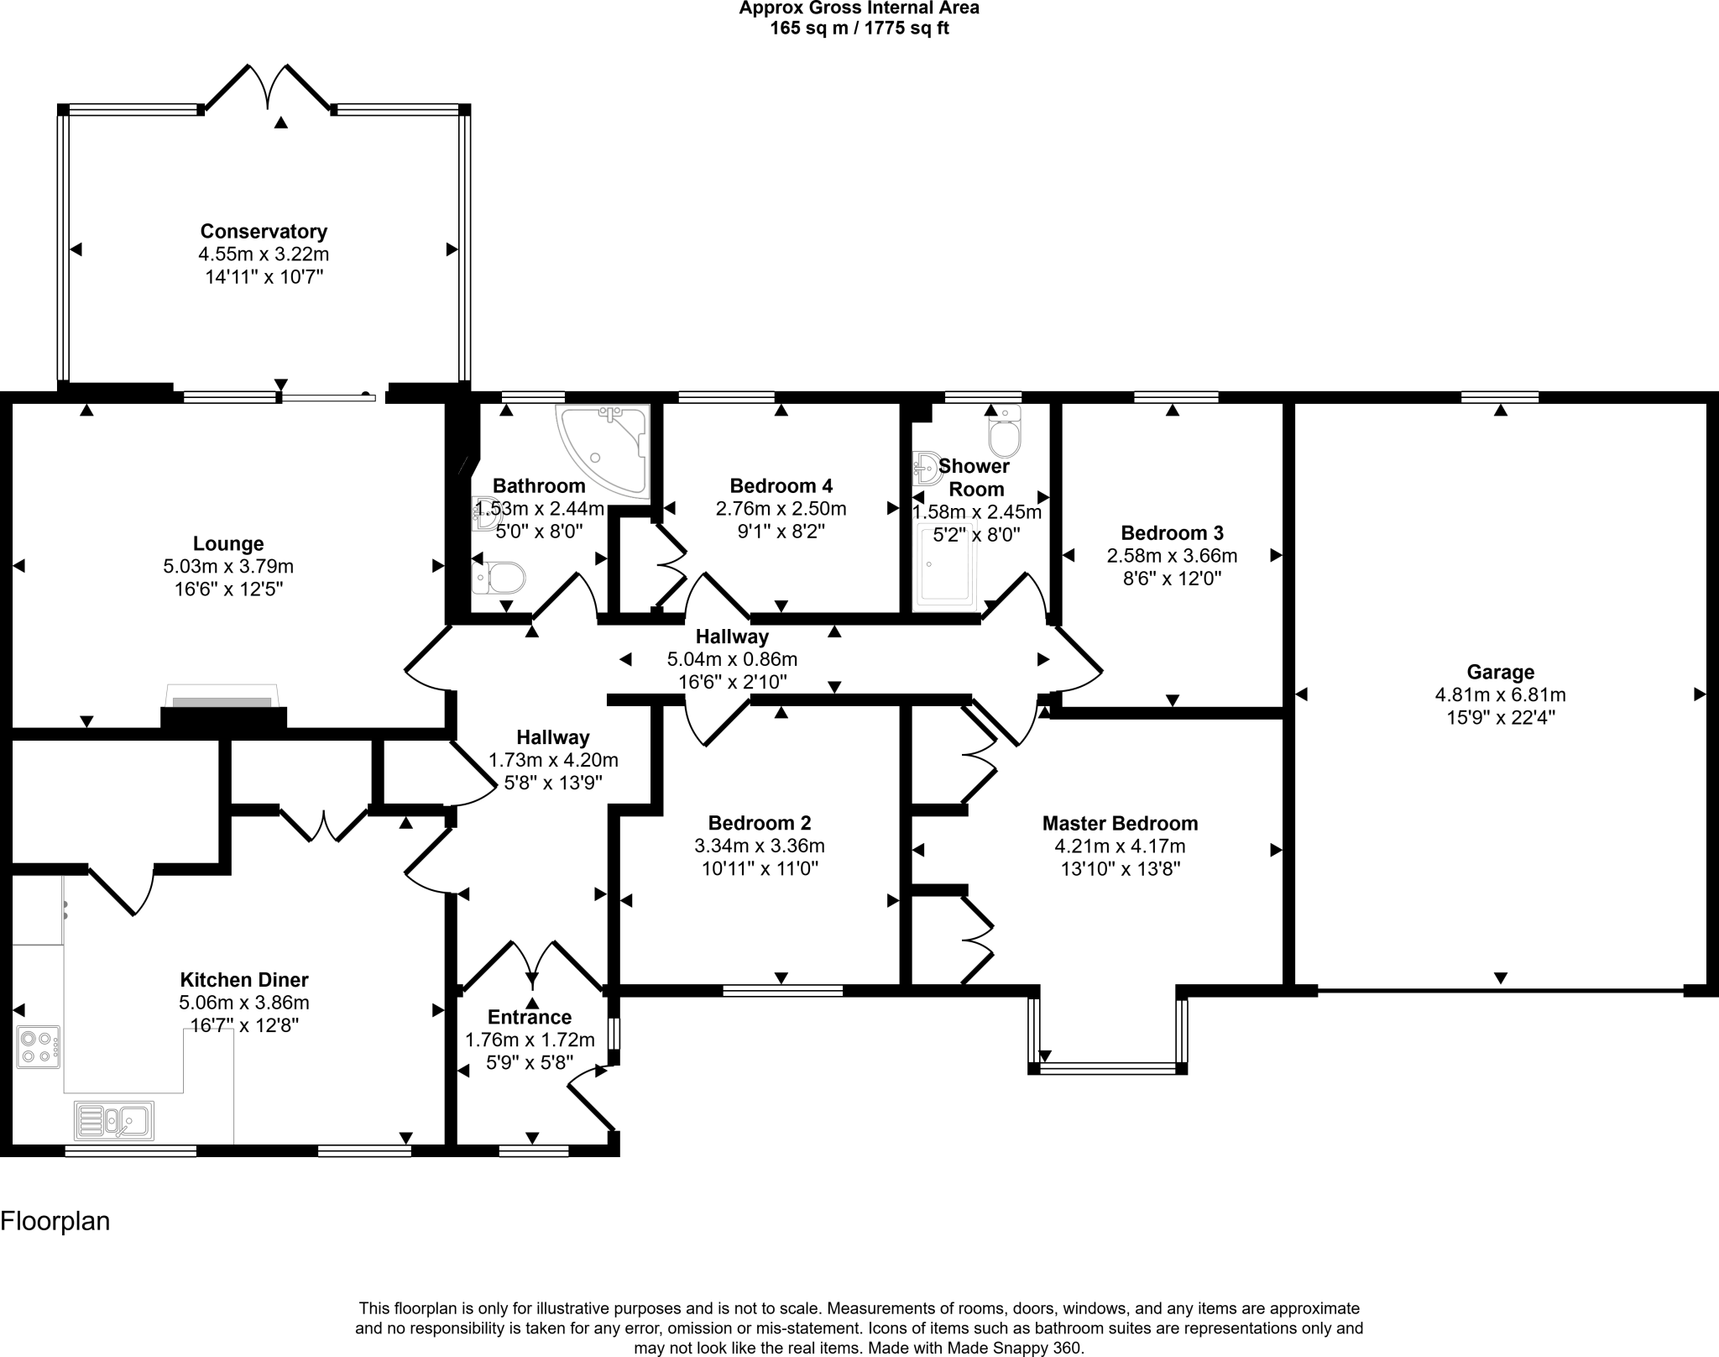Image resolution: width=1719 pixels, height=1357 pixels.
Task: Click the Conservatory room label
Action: (264, 231)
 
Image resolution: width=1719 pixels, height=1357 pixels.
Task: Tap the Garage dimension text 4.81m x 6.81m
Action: (1500, 695)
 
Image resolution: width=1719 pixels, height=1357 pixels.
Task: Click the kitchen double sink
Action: (114, 1120)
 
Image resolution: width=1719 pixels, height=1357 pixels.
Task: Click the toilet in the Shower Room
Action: (1005, 431)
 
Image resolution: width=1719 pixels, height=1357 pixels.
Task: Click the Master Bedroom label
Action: (1120, 824)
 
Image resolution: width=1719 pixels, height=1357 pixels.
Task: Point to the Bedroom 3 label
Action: (1172, 533)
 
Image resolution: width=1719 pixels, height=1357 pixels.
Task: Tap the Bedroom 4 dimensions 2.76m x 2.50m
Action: (781, 509)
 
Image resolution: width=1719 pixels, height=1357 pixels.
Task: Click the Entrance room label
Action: (530, 1017)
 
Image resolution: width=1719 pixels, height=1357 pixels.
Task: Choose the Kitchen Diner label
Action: (244, 980)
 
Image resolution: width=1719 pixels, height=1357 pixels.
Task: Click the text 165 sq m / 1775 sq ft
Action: (859, 29)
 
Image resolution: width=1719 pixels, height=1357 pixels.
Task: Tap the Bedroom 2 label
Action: (760, 823)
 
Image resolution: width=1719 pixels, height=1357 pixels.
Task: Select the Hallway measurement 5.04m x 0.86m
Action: (732, 659)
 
